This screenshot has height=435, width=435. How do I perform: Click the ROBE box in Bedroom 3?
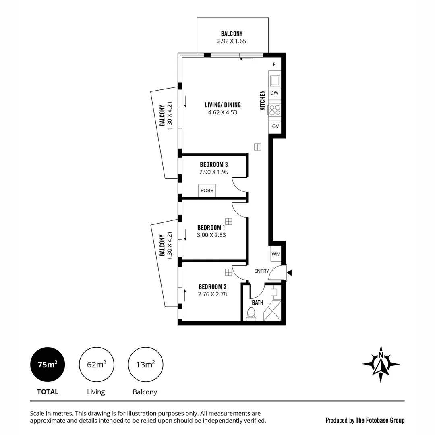point(207,191)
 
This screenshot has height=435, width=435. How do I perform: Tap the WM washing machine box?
point(276,254)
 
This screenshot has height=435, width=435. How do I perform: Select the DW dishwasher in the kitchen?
point(274,93)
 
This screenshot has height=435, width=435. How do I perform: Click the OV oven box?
point(275,126)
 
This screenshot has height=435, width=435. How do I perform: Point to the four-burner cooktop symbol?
point(275,110)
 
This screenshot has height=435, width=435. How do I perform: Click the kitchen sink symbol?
point(275,81)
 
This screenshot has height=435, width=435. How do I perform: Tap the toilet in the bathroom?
point(251,313)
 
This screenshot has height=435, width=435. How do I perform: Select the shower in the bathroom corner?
point(272,311)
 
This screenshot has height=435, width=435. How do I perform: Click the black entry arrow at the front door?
point(289,273)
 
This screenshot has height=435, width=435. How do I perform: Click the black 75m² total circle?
point(48,365)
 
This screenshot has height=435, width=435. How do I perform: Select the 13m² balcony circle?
point(145,365)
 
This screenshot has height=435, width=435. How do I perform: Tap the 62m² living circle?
point(96,365)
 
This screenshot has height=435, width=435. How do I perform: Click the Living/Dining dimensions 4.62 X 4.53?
point(222,112)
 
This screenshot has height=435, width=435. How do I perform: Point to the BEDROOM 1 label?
point(211,227)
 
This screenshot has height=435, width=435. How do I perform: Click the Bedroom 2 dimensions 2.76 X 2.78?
point(212,294)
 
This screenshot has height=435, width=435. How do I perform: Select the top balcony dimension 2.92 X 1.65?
point(232,41)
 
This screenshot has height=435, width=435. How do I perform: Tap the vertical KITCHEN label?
point(262,100)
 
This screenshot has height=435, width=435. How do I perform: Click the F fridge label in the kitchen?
point(274,64)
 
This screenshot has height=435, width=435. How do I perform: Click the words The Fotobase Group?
point(380,420)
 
